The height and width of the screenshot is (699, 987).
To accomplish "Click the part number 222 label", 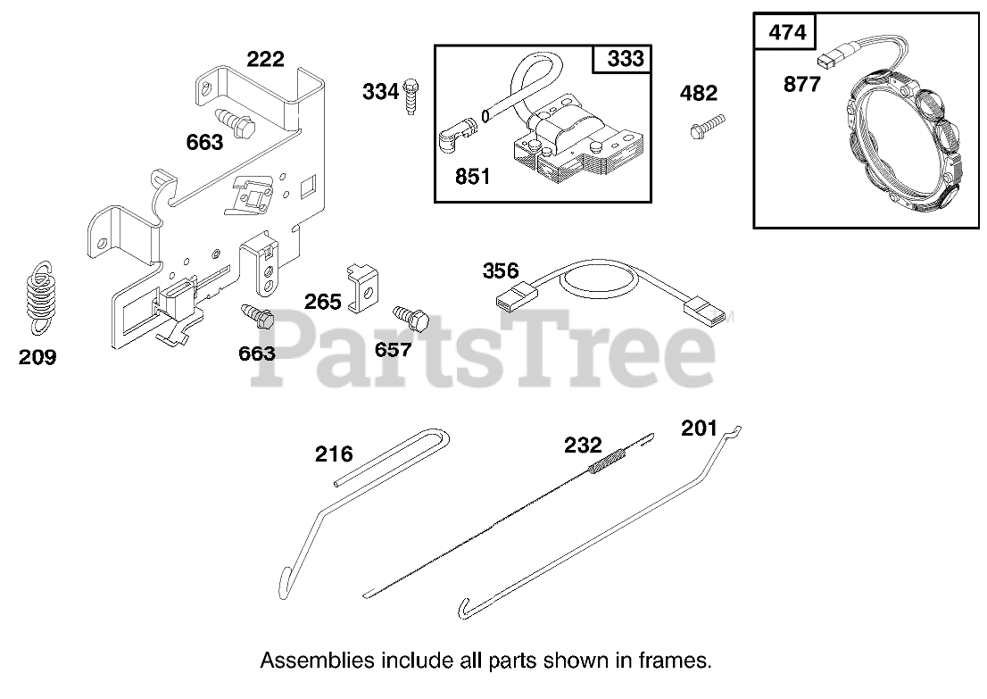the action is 265,60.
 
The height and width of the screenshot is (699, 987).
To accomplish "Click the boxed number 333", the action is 625,60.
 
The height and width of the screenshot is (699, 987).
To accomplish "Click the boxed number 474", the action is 786,33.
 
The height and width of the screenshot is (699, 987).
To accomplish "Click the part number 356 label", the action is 501,270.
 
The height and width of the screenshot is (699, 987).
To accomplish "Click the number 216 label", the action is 333,454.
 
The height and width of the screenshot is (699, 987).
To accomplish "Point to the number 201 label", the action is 699,429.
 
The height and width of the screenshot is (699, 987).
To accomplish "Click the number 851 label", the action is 472,177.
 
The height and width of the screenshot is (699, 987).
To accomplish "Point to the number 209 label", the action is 37,358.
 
